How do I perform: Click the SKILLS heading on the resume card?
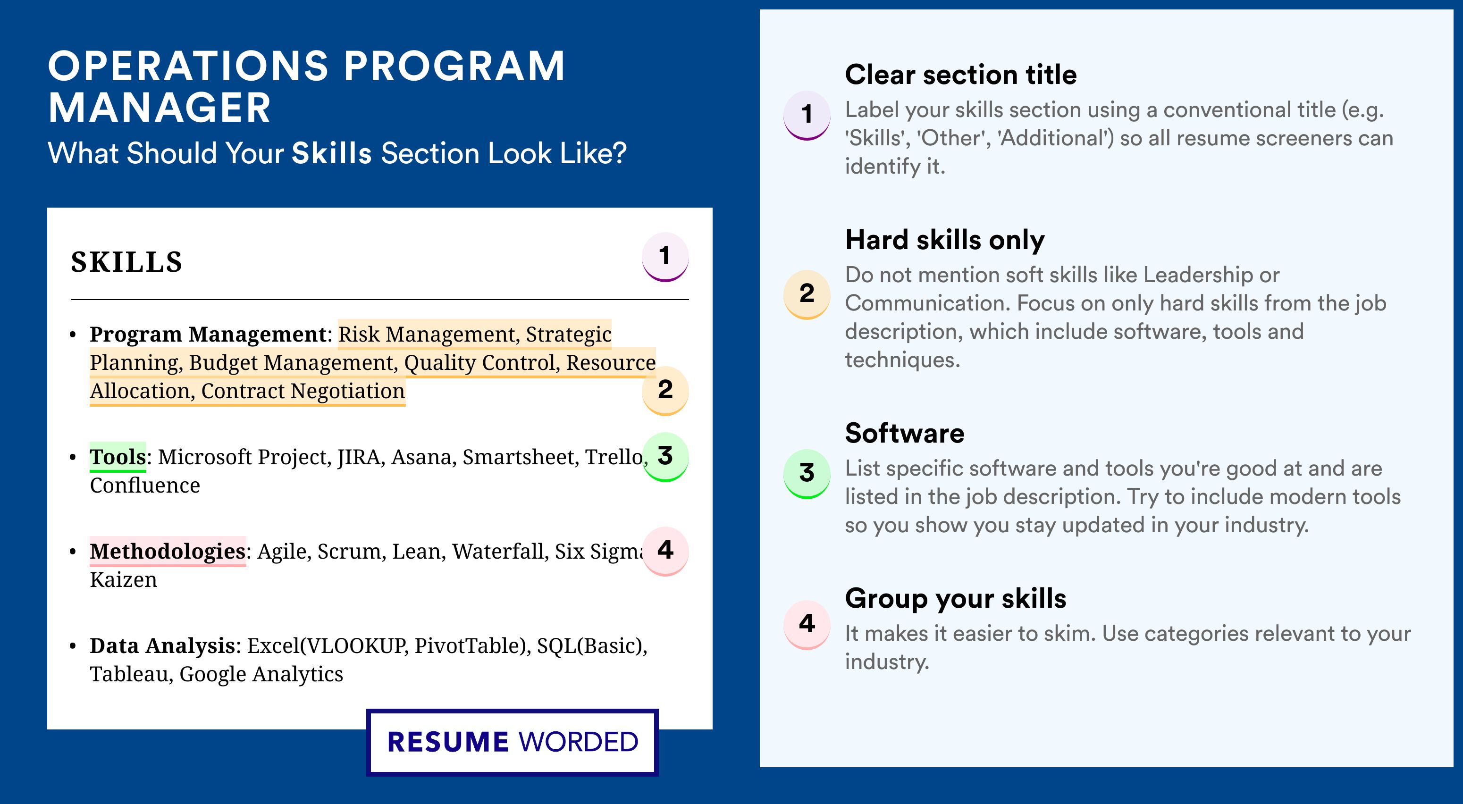pos(126,262)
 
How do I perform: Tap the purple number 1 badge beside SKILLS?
pos(665,257)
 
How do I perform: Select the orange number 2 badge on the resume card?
pos(665,391)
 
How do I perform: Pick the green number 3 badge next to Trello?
pos(665,457)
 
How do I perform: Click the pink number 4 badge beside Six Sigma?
pos(665,551)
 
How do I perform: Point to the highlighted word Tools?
pos(118,457)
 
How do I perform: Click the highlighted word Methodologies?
pos(168,551)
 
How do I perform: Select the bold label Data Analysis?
pos(162,645)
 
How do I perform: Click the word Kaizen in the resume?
pos(124,580)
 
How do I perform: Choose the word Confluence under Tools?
pos(145,486)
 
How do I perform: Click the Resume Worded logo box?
pos(512,742)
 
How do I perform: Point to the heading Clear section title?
pos(961,75)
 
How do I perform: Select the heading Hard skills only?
pos(945,240)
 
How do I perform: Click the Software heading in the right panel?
pos(905,433)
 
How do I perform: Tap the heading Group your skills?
pos(956,598)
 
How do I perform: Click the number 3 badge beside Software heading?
pos(807,474)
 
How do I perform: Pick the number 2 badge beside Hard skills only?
pos(807,294)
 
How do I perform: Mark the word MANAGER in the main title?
pos(160,108)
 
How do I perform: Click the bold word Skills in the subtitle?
pos(332,153)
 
